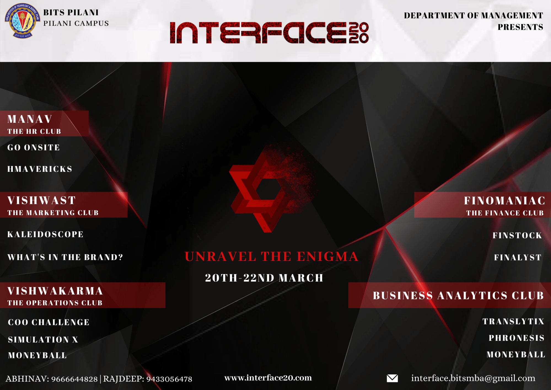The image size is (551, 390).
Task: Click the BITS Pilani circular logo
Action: (22, 21)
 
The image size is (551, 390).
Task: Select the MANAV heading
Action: (30, 119)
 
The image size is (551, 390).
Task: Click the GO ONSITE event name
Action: (34, 148)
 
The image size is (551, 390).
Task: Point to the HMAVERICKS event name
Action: (40, 169)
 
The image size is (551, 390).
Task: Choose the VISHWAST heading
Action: (42, 201)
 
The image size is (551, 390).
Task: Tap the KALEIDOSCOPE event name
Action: (45, 234)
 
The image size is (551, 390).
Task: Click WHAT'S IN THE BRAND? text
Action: (65, 257)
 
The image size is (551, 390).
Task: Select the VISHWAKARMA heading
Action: (55, 291)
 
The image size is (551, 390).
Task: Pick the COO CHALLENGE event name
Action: (49, 322)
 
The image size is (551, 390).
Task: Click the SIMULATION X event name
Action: (43, 340)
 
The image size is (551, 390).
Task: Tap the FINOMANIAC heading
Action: (505, 201)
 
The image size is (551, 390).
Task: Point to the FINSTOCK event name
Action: (517, 236)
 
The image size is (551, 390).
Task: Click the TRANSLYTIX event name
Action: (514, 322)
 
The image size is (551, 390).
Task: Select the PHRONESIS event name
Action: (517, 338)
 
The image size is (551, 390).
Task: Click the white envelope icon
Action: (392, 378)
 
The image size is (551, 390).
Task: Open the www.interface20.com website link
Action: (268, 378)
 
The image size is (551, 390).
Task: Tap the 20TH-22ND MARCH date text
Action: (264, 278)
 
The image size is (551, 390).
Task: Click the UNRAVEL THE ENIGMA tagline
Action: (272, 257)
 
